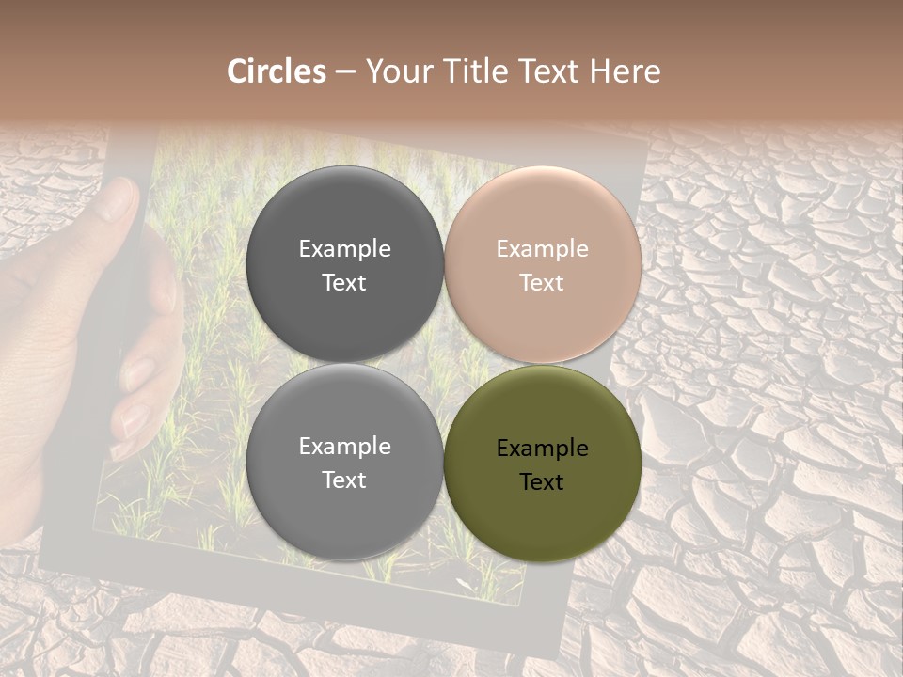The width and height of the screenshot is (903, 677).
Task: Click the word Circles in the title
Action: (277, 71)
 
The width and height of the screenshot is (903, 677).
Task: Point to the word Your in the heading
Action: (398, 71)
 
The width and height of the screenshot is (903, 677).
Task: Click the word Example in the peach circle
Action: (542, 249)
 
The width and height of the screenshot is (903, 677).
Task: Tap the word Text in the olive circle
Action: (542, 482)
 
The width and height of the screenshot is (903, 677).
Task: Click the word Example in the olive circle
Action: (542, 449)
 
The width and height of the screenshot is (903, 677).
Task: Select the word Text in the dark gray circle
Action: (344, 282)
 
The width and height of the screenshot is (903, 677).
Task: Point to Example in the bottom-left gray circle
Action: (344, 447)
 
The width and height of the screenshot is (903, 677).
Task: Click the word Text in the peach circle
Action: (542, 282)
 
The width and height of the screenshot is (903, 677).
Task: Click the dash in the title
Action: (345, 72)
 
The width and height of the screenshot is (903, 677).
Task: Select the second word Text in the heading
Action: (549, 71)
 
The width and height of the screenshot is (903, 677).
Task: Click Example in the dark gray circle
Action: (344, 249)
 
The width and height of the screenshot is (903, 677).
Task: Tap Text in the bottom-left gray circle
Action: (344, 480)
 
